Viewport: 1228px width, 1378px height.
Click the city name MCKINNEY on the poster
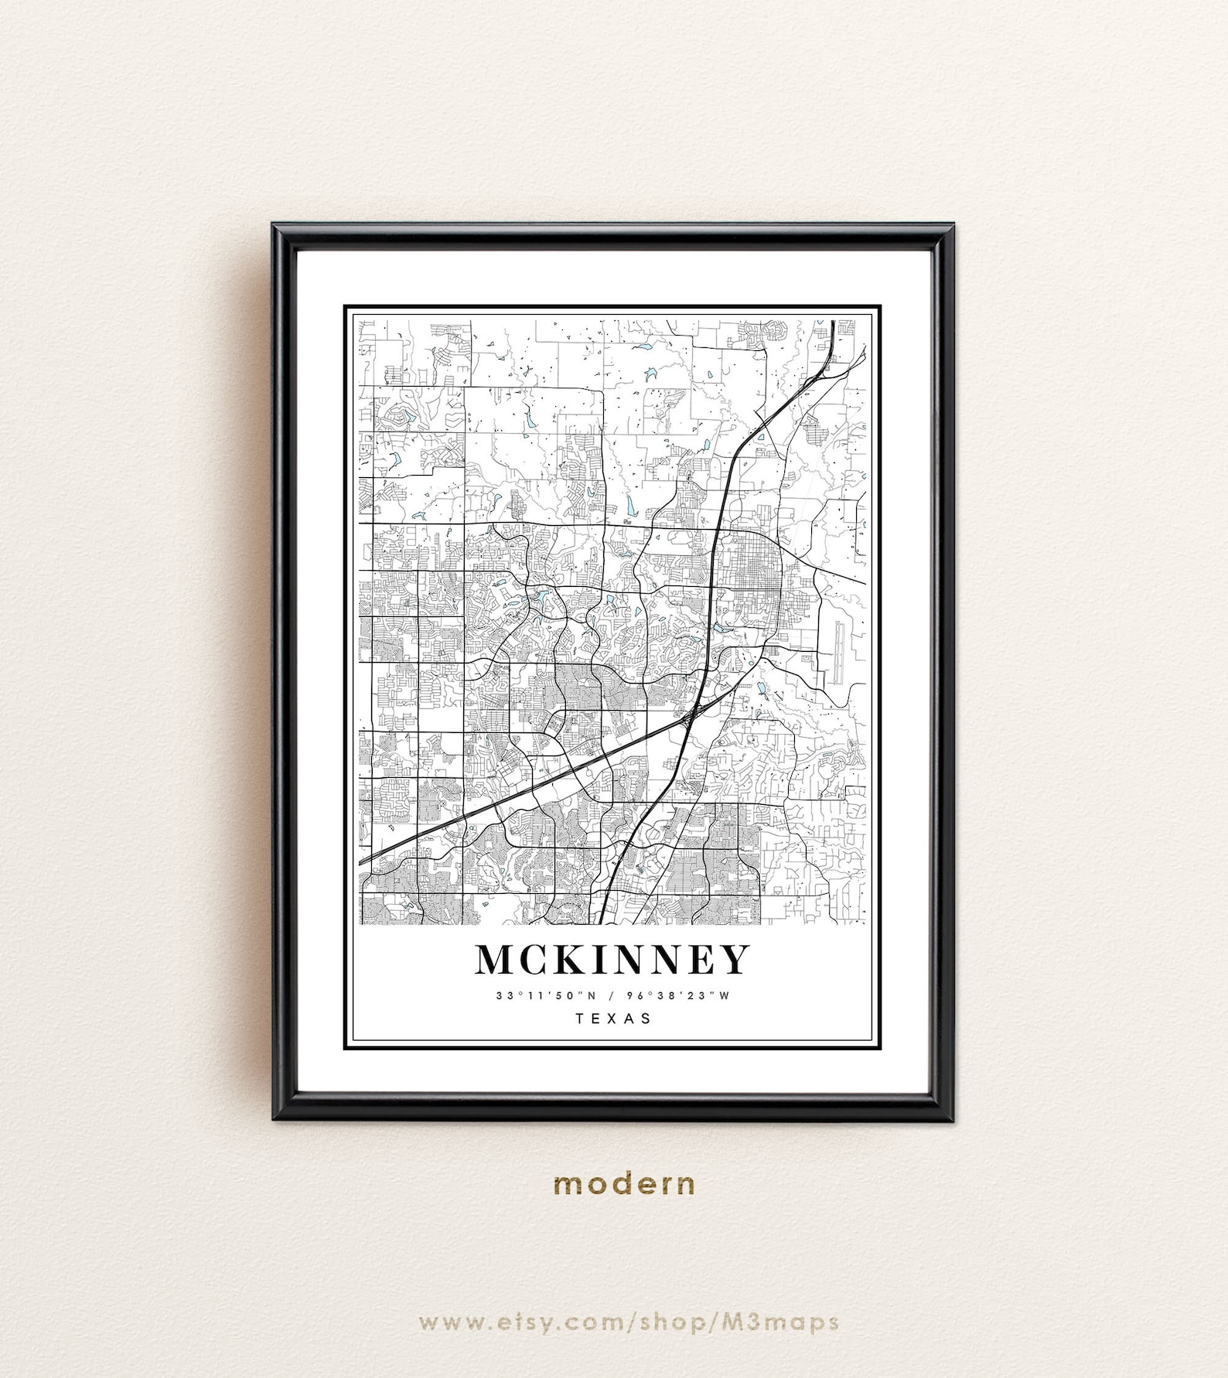click(x=612, y=960)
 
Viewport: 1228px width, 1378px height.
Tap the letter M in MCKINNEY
click(x=496, y=960)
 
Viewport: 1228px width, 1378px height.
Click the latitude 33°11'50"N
click(x=547, y=996)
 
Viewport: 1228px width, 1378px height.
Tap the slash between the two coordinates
click(x=612, y=996)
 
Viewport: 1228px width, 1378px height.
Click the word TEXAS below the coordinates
click(x=614, y=1018)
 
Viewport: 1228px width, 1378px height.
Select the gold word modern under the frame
click(x=624, y=1184)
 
